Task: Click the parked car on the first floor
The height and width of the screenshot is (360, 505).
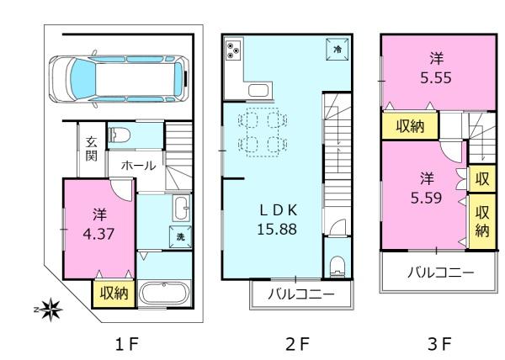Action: (119, 79)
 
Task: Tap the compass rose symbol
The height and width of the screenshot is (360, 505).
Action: (50, 310)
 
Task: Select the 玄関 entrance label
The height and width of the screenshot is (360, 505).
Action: (92, 149)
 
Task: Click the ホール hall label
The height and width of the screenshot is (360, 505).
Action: (139, 166)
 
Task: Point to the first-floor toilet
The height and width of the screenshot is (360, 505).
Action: (120, 135)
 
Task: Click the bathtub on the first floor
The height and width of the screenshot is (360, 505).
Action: (164, 293)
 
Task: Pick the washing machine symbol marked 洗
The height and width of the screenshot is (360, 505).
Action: (180, 236)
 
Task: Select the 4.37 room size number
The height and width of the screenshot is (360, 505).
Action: (98, 234)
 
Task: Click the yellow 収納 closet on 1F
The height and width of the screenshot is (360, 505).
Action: (114, 294)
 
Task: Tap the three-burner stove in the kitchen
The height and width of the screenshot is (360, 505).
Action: (233, 50)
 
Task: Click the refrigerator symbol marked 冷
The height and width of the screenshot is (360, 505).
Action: (338, 50)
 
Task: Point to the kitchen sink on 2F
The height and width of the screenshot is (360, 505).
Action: (260, 91)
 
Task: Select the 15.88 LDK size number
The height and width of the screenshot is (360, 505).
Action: (277, 230)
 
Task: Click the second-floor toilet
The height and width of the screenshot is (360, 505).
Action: (338, 266)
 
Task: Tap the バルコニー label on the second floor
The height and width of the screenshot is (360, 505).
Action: (301, 294)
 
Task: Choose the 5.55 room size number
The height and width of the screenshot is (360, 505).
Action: (436, 78)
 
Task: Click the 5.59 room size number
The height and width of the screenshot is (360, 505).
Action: (426, 198)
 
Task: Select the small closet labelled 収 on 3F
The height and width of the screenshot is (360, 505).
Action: (481, 178)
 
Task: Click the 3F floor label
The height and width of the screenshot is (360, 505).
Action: (440, 344)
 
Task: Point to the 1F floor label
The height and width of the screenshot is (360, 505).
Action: (127, 344)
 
